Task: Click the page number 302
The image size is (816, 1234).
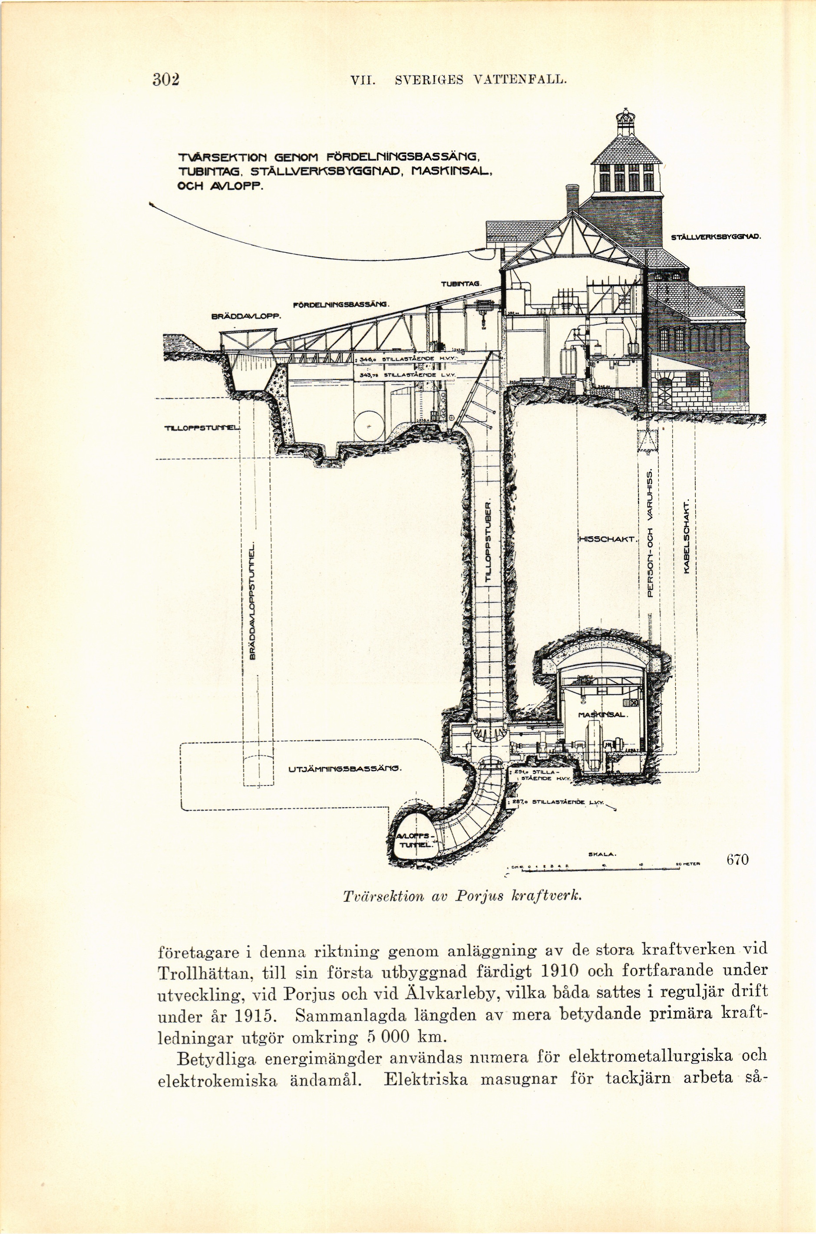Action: [x=166, y=80]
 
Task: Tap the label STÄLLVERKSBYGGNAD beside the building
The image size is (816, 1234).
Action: [x=716, y=237]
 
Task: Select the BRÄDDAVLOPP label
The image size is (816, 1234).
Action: [x=246, y=316]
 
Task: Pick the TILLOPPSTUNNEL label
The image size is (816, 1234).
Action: [x=202, y=428]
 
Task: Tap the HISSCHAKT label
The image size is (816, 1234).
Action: [x=607, y=539]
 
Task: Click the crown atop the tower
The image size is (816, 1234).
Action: [x=622, y=117]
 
